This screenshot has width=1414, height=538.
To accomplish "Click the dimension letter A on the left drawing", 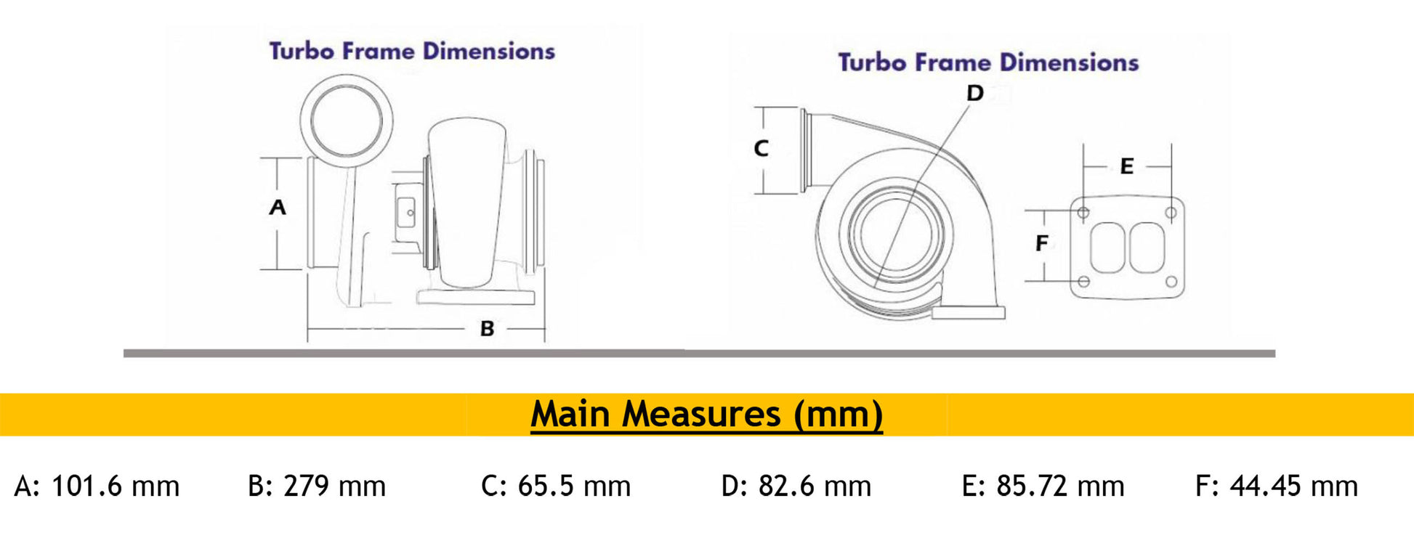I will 278,208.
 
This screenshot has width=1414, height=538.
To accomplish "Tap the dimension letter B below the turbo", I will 487,329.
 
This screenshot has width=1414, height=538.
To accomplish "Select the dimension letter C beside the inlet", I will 761,148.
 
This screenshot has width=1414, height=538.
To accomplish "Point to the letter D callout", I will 974,93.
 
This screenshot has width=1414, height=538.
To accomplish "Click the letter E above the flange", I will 1126,166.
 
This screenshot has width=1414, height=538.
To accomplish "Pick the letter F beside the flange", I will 1041,243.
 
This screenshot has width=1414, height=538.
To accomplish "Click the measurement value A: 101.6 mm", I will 97,486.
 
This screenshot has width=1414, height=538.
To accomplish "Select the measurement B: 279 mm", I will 317,486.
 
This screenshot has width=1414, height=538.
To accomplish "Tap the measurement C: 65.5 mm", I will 556,486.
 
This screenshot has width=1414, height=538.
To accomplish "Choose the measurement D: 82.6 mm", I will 796,486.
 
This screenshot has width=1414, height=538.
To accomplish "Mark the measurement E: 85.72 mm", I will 1043,486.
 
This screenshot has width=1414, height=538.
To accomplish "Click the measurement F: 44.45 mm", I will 1277,486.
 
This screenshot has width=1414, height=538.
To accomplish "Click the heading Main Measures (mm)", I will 706,415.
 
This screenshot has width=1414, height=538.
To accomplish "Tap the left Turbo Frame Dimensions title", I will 412,51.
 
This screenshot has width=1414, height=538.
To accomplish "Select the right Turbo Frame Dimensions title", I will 988,62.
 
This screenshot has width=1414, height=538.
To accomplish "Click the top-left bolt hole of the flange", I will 1083,213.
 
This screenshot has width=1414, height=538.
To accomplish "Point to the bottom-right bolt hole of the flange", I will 1171,281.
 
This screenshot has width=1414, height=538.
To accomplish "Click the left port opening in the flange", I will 1107,248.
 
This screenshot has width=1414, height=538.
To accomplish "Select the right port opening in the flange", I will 1147,248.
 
